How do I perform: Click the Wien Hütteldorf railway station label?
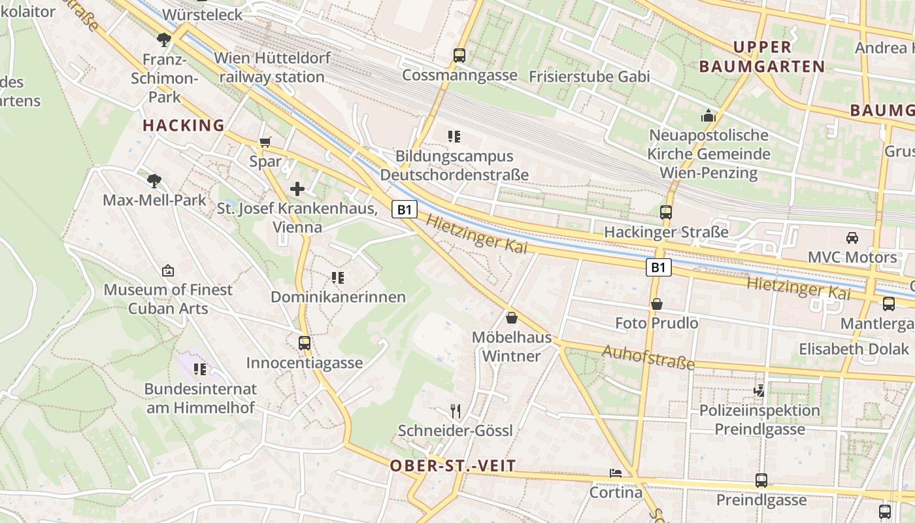pyautogui.click(x=272, y=67)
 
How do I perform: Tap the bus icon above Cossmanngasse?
pyautogui.click(x=459, y=56)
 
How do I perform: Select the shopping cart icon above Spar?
pyautogui.click(x=265, y=142)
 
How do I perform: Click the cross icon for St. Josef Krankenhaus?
pyautogui.click(x=297, y=190)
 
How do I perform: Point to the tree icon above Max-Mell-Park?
pyautogui.click(x=154, y=180)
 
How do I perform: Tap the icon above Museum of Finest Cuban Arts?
pyautogui.click(x=168, y=270)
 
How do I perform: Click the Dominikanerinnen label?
pyautogui.click(x=338, y=297)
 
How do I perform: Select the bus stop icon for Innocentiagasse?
pyautogui.click(x=304, y=343)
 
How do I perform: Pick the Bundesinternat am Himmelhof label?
pyautogui.click(x=200, y=398)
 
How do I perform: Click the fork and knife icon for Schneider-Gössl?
pyautogui.click(x=456, y=411)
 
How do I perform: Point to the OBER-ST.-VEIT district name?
pyautogui.click(x=453, y=466)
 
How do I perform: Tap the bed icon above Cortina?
pyautogui.click(x=616, y=473)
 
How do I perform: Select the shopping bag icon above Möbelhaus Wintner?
pyautogui.click(x=512, y=318)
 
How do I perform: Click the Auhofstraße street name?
pyautogui.click(x=648, y=358)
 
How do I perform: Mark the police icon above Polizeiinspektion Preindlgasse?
pyautogui.click(x=759, y=391)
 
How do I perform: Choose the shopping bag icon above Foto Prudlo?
pyautogui.click(x=657, y=304)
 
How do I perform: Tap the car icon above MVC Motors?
pyautogui.click(x=852, y=237)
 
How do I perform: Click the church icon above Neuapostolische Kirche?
pyautogui.click(x=708, y=116)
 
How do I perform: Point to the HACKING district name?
pyautogui.click(x=183, y=126)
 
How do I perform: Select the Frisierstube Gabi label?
pyautogui.click(x=589, y=76)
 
